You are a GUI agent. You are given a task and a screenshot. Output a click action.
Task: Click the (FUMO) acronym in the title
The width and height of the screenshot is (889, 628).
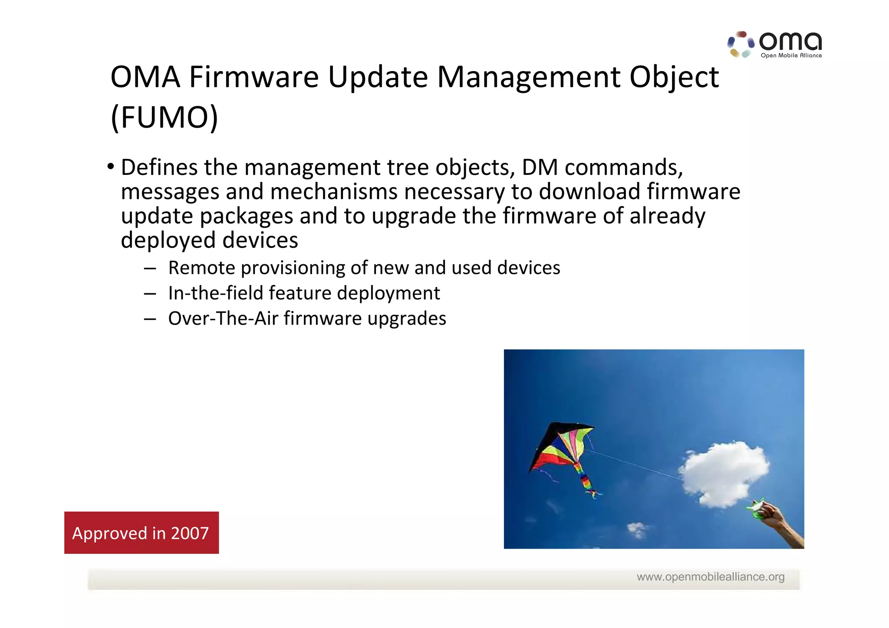tap(164, 117)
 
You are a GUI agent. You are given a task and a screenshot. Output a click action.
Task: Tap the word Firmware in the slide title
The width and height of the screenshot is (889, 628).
tap(254, 77)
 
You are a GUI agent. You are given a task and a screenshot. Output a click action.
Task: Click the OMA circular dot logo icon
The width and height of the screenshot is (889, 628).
tap(741, 44)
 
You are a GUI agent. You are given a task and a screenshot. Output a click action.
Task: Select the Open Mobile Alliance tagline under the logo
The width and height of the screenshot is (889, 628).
tap(791, 56)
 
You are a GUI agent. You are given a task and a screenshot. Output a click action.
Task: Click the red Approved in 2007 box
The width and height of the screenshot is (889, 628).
tap(142, 533)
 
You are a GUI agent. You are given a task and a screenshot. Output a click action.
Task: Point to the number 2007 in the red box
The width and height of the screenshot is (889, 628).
tap(190, 533)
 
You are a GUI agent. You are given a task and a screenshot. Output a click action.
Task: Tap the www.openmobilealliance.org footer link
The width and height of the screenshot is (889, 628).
tap(710, 577)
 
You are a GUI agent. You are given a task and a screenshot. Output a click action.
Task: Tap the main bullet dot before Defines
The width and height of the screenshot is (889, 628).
tap(111, 167)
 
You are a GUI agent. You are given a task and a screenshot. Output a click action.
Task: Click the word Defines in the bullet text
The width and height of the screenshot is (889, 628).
tap(159, 168)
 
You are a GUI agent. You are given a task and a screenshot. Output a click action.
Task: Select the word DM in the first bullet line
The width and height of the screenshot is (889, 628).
tap(540, 168)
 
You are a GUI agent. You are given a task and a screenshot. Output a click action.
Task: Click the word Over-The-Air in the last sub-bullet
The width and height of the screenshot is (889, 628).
tap(223, 319)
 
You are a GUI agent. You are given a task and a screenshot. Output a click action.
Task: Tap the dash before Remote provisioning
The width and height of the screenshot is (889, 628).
tap(150, 269)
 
